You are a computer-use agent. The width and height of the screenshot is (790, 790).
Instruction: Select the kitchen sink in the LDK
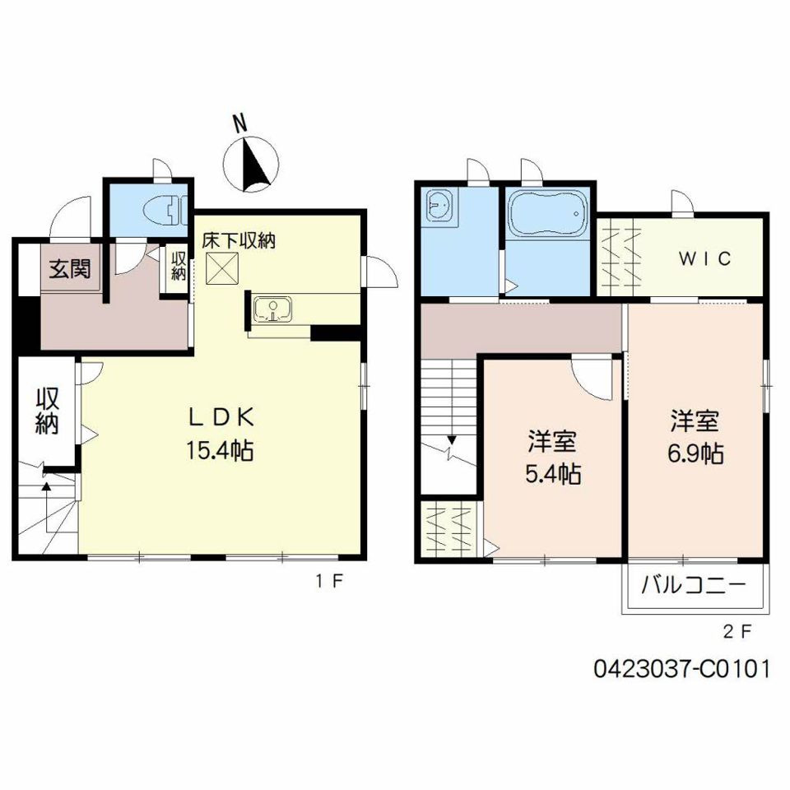273,309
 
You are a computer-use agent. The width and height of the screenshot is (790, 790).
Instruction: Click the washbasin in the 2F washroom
439,205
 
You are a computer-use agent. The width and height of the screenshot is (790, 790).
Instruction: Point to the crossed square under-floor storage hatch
221,268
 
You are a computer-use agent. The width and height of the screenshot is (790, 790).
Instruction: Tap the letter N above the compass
240,122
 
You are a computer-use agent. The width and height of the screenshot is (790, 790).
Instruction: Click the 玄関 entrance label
70,268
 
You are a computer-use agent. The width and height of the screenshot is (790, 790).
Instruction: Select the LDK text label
221,416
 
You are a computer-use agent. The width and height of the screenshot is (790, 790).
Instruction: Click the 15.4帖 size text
221,449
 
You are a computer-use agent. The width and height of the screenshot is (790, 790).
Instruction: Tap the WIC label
704,259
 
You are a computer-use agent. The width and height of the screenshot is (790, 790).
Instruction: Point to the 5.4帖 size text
553,474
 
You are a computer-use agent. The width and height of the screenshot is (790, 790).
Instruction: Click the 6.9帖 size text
696,453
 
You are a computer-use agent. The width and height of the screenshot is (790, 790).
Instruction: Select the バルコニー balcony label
693,585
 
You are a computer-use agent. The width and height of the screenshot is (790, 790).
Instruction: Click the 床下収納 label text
239,241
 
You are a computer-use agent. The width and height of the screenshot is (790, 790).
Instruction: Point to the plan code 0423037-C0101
681,669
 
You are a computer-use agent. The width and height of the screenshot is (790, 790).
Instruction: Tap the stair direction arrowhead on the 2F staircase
452,439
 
